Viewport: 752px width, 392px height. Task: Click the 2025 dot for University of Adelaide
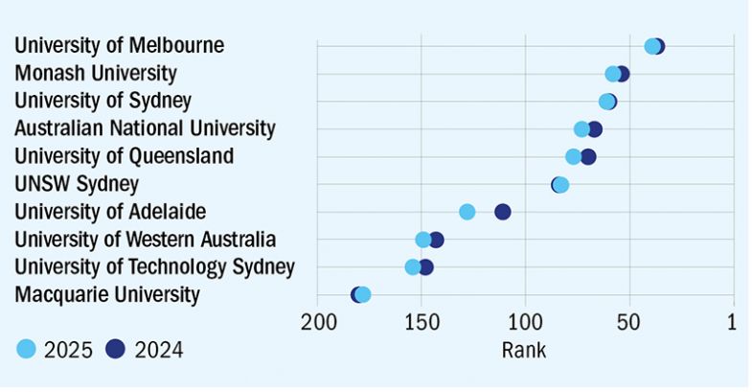pyautogui.click(x=467, y=212)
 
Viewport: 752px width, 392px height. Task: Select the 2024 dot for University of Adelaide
pyautogui.click(x=503, y=212)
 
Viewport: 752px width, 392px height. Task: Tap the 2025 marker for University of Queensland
pyautogui.click(x=573, y=157)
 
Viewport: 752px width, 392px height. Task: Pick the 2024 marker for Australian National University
pyautogui.click(x=595, y=129)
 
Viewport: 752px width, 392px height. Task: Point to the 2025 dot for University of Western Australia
pyautogui.click(x=422, y=240)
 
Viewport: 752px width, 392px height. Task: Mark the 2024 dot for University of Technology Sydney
pyautogui.click(x=426, y=267)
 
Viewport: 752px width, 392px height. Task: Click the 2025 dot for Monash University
pyautogui.click(x=613, y=74)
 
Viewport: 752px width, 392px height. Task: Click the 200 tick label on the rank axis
pyautogui.click(x=317, y=324)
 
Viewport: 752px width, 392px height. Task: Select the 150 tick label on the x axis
pyautogui.click(x=422, y=324)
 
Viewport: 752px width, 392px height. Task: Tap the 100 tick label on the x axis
pyautogui.click(x=525, y=324)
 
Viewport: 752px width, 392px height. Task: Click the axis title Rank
pyautogui.click(x=524, y=351)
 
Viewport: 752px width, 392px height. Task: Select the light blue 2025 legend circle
pyautogui.click(x=27, y=350)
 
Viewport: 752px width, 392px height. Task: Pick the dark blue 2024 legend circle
pyautogui.click(x=117, y=350)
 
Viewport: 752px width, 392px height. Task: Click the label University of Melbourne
pyautogui.click(x=120, y=46)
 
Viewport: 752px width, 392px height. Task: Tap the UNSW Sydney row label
pyautogui.click(x=78, y=184)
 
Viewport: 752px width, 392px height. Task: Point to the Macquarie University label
pyautogui.click(x=107, y=294)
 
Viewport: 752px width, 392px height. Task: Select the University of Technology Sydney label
pyautogui.click(x=155, y=266)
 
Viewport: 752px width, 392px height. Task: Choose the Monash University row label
pyautogui.click(x=96, y=74)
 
